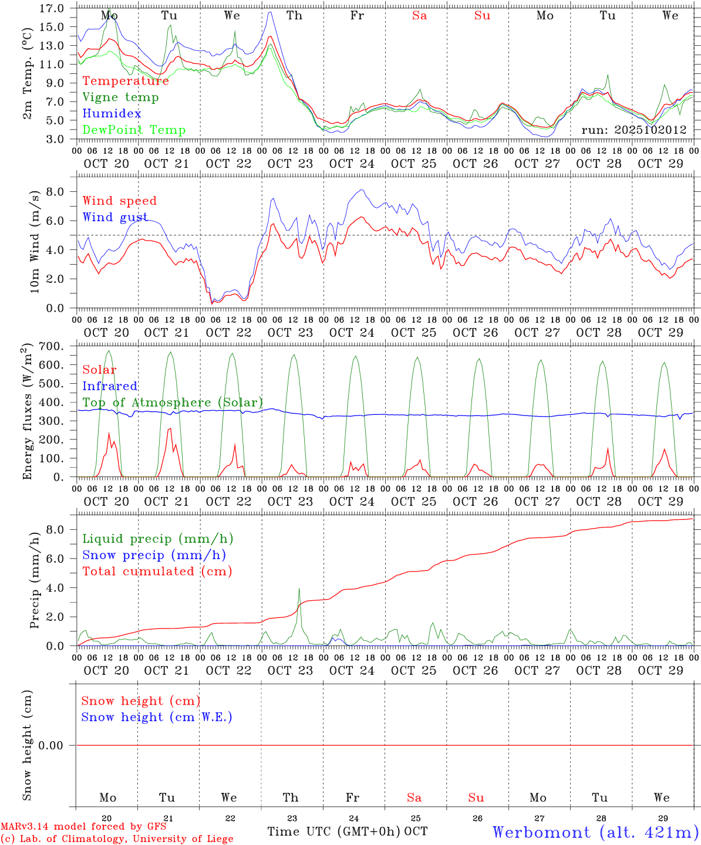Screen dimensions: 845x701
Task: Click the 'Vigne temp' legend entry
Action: (x=120, y=97)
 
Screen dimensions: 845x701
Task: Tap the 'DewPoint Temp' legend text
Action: (x=134, y=130)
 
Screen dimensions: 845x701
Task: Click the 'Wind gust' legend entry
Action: (x=115, y=218)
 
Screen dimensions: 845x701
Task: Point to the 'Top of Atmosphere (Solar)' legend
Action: (x=172, y=403)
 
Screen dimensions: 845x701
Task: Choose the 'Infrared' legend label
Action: (x=110, y=386)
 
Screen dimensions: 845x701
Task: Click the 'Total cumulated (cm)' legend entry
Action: (x=157, y=572)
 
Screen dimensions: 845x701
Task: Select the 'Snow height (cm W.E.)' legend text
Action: (x=157, y=717)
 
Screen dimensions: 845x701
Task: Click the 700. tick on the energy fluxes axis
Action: (x=52, y=347)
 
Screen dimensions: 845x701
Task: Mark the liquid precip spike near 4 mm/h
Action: (x=299, y=589)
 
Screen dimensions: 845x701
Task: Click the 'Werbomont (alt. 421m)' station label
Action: (x=595, y=832)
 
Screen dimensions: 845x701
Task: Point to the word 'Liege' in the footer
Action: (x=218, y=839)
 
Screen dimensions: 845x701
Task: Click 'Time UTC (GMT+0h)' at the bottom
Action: (x=334, y=832)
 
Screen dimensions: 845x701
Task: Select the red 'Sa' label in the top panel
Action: (x=419, y=16)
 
